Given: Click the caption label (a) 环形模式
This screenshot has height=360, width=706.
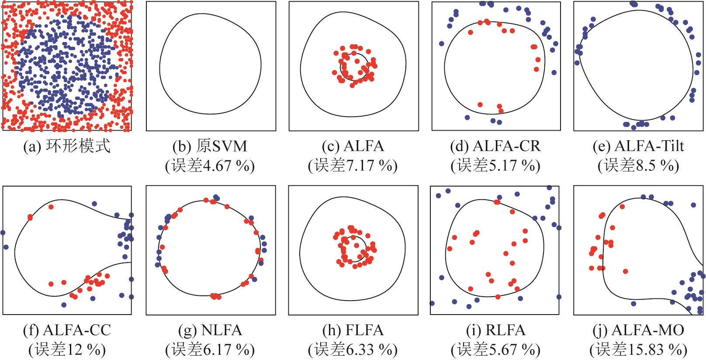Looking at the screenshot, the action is pyautogui.click(x=67, y=146).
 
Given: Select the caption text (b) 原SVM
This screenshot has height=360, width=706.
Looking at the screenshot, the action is pyautogui.click(x=210, y=146).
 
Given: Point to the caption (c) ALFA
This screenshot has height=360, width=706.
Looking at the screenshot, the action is pyautogui.click(x=353, y=146).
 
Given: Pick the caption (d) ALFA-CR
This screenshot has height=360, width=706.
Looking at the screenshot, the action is pyautogui.click(x=495, y=146).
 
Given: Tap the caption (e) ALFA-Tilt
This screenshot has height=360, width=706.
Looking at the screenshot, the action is pyautogui.click(x=639, y=146).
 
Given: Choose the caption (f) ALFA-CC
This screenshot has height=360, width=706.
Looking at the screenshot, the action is pyautogui.click(x=67, y=330).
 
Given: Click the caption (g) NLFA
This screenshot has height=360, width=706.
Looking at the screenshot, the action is pyautogui.click(x=210, y=330).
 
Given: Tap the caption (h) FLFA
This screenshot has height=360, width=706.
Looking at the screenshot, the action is pyautogui.click(x=353, y=330).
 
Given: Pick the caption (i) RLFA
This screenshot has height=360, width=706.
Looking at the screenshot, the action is pyautogui.click(x=495, y=330).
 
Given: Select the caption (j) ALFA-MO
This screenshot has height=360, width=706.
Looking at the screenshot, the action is pyautogui.click(x=639, y=330).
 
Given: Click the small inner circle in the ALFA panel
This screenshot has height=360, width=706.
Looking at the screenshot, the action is pyautogui.click(x=340, y=67).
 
